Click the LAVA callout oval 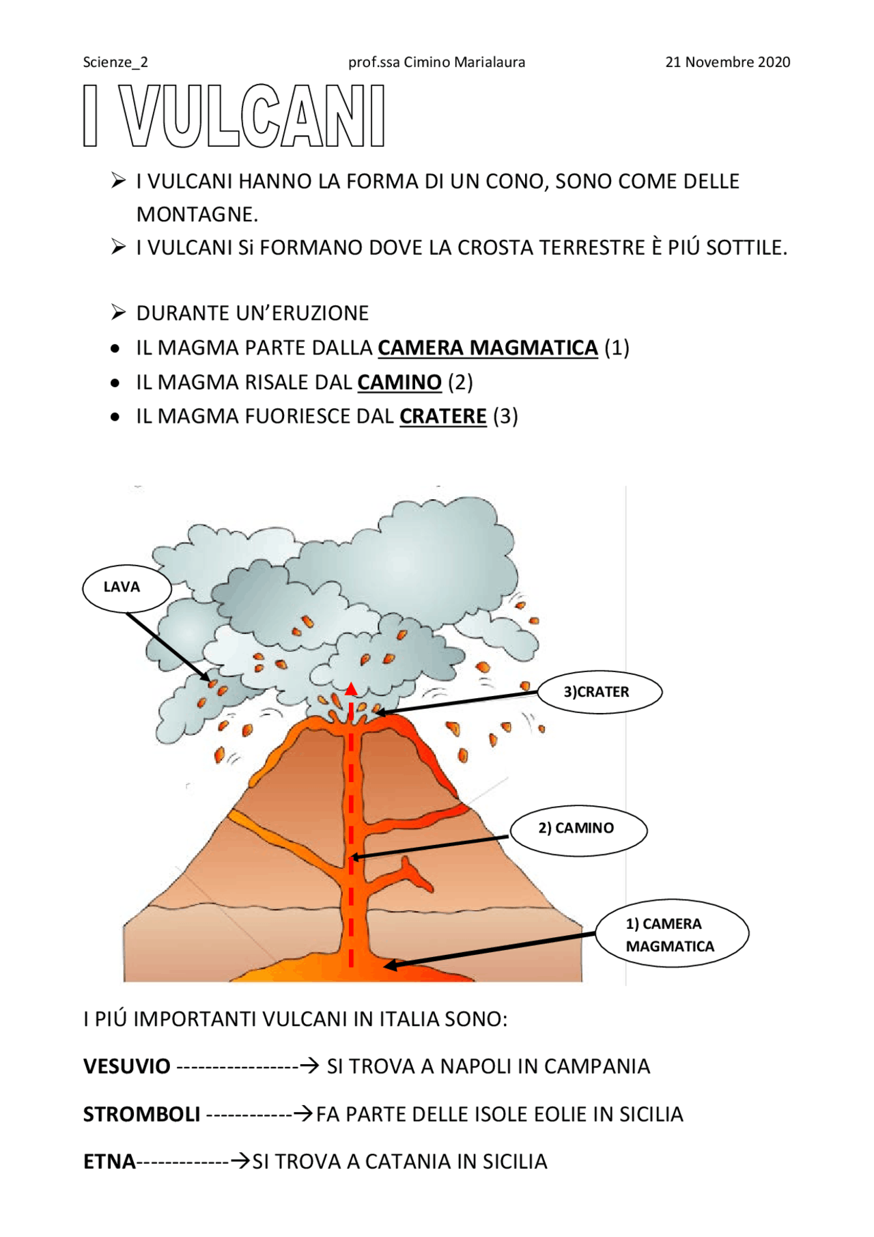point(126,587)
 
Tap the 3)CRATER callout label point(599,692)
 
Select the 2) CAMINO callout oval point(578,829)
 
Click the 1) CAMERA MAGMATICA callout point(671,934)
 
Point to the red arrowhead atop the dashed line point(351,689)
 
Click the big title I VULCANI point(234,116)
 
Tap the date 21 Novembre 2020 point(727,62)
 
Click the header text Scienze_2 point(115,62)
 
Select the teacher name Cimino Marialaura point(464,62)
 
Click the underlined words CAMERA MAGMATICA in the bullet point(488,348)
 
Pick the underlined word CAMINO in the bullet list point(399,383)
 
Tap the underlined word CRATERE point(442,417)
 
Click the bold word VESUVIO point(126,1066)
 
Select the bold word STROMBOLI point(141,1114)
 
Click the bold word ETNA point(109,1162)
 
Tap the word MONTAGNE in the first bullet point(197,214)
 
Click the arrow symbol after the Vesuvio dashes point(309,1066)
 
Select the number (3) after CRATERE point(505,417)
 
